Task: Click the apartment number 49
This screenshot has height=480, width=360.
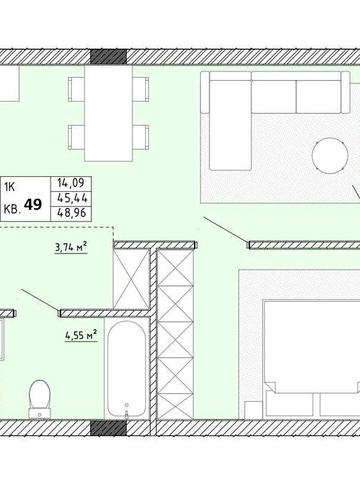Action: coord(33,204)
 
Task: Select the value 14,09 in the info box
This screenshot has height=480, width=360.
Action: coord(71,183)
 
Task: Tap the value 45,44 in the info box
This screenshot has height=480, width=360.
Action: coord(72,198)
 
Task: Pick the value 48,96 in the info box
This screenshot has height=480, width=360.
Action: coord(72,212)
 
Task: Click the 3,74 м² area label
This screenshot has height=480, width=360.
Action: coord(71,248)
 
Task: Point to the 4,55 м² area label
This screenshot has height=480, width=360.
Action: coord(81,335)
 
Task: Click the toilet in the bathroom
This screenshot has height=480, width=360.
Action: coord(39,399)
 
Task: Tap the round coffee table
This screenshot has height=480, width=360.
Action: coord(330,156)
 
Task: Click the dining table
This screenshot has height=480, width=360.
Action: coord(109,113)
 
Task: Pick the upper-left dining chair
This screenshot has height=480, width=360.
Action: coord(76,89)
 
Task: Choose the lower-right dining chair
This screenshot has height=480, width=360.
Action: coord(141,137)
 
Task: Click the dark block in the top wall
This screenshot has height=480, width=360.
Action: coord(109,57)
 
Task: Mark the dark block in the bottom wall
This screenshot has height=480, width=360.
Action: coord(109,428)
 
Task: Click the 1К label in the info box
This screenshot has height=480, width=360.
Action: coord(10,188)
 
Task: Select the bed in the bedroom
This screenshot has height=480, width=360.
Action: coord(311,359)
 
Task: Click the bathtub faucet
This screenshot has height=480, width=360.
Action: coord(126,410)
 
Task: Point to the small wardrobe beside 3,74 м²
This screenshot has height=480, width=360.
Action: coord(131,279)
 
